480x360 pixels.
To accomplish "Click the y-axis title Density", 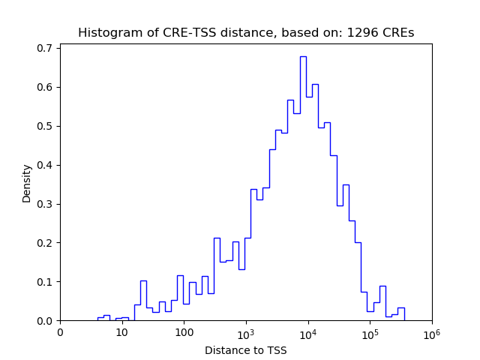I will click(27, 183).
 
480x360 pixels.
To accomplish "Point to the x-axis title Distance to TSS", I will click(246, 350).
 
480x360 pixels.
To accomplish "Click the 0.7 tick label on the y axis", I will click(46, 48).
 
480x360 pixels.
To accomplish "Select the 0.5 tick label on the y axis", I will click(46, 126).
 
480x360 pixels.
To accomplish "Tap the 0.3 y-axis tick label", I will click(46, 204).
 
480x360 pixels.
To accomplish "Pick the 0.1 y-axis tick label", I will click(46, 282).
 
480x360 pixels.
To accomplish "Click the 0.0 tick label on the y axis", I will click(46, 321).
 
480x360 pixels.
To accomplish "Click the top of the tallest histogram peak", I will click(303, 56).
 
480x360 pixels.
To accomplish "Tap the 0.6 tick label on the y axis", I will click(46, 87).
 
